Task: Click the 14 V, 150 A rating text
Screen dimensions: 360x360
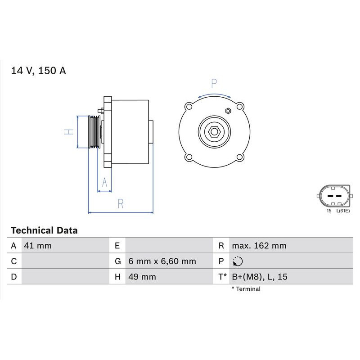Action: point(38,71)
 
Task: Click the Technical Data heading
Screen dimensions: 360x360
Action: point(44,230)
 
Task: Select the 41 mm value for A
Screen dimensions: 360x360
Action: point(38,246)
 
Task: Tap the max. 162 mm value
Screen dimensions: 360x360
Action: point(259,246)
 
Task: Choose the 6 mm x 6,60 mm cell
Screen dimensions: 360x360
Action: point(162,261)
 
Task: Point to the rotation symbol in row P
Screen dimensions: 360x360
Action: point(238,261)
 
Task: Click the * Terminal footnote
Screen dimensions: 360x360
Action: point(246,289)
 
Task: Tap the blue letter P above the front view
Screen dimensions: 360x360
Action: point(214,83)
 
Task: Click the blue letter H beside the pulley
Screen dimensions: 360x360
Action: point(68,131)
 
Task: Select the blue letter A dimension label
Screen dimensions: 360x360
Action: point(105,182)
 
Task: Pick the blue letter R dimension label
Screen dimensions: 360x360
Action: point(120,203)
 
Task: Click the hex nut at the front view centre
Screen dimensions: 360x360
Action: point(214,131)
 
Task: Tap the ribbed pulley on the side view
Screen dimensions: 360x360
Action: point(94,131)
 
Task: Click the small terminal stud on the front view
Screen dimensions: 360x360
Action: point(228,111)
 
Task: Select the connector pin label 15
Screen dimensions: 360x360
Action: point(328,211)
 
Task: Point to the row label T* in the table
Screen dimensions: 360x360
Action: point(222,277)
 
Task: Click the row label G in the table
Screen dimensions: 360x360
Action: point(117,261)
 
